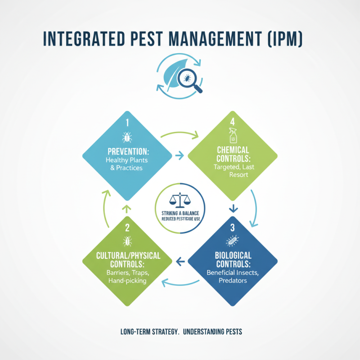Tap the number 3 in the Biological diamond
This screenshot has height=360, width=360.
tap(233, 227)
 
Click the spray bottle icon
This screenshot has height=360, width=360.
tap(232, 135)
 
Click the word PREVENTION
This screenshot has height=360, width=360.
tap(127, 150)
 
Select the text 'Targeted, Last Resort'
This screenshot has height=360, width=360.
tap(232, 170)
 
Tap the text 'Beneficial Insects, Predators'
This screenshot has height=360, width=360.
tap(232, 276)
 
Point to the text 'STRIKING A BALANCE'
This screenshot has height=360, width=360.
tap(180, 212)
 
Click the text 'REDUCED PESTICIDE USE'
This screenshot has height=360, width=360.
tap(180, 219)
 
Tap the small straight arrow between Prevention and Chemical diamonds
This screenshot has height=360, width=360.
tap(179, 156)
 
